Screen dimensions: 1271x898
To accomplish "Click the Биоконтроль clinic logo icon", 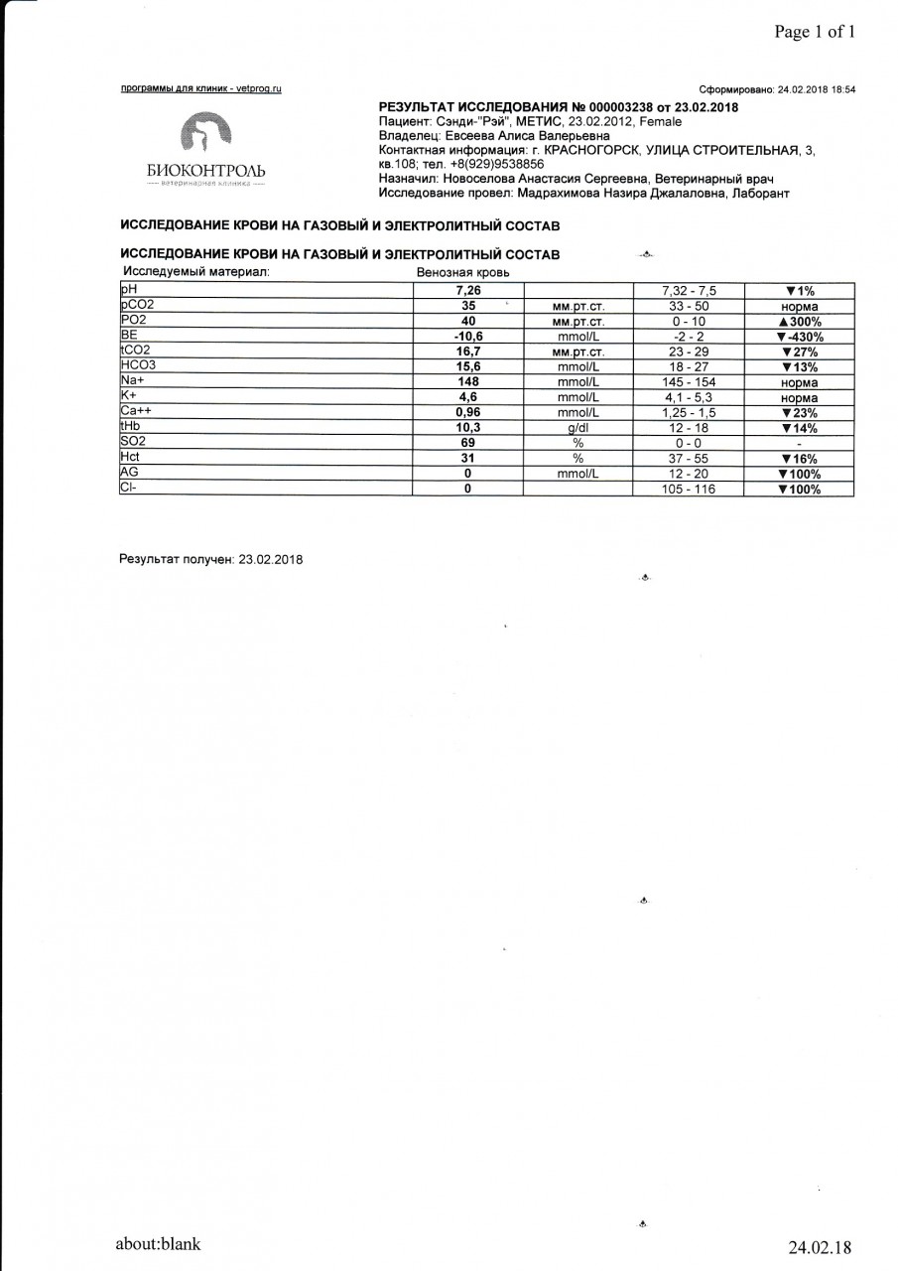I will pyautogui.click(x=204, y=136).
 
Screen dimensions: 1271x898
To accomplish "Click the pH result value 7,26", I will pyautogui.click(x=467, y=291).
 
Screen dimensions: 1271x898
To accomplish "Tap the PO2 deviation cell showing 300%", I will pyautogui.click(x=800, y=322).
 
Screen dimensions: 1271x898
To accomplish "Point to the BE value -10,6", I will pyautogui.click(x=467, y=337).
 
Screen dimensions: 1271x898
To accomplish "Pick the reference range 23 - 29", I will pyautogui.click(x=689, y=352).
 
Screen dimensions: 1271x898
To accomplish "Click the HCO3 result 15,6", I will pyautogui.click(x=467, y=367).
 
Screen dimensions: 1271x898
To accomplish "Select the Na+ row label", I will pyautogui.click(x=133, y=381).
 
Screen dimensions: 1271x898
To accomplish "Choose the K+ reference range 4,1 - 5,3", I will pyautogui.click(x=689, y=397).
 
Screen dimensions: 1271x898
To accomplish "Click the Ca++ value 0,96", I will pyautogui.click(x=467, y=412).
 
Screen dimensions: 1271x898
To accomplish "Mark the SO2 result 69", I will pyautogui.click(x=467, y=443).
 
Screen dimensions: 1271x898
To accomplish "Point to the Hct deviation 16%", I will pyautogui.click(x=799, y=459).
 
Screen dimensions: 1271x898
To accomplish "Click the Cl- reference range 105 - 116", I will pyautogui.click(x=689, y=490).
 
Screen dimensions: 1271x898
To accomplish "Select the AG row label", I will pyautogui.click(x=129, y=473).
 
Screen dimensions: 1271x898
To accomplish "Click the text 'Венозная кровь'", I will pyautogui.click(x=463, y=272).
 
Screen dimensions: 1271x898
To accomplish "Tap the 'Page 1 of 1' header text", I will pyautogui.click(x=815, y=32).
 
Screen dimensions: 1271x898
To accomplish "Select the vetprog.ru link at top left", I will pyautogui.click(x=201, y=89).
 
